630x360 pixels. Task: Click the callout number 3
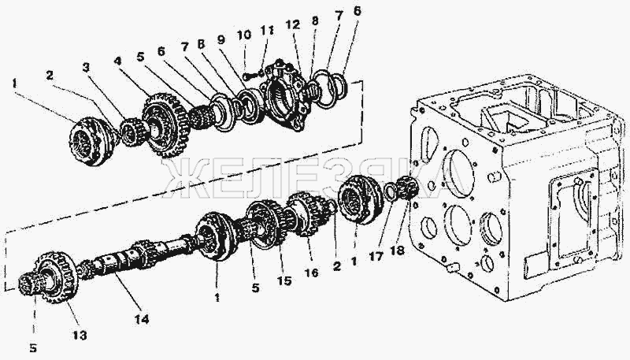coord(86,67)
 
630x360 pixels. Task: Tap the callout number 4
coord(117,61)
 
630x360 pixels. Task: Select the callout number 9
coord(220,39)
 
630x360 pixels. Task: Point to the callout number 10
coord(244,35)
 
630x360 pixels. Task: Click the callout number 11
coord(267,30)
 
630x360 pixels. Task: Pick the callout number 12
coord(293,25)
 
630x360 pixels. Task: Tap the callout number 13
coord(80,334)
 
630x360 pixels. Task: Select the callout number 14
coord(142,319)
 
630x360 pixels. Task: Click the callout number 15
coord(284,280)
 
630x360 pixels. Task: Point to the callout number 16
coord(311,273)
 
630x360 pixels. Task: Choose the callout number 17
coord(376,256)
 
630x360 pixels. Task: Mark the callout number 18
coord(397,251)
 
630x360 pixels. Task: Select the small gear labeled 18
coord(407,188)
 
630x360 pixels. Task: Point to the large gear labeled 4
coord(165,124)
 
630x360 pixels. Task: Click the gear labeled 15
coord(266,224)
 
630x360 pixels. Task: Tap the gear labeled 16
coord(308,213)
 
